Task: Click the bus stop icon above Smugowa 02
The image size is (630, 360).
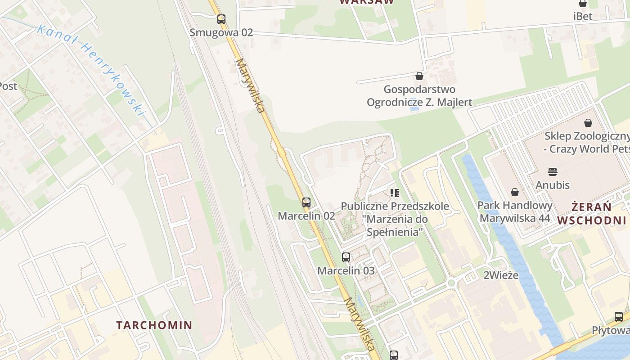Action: tap(221, 19)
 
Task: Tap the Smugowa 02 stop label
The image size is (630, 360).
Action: tap(221, 32)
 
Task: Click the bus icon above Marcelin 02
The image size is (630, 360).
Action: tap(306, 202)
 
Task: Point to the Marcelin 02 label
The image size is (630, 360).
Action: tap(306, 216)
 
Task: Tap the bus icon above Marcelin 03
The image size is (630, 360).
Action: tap(346, 257)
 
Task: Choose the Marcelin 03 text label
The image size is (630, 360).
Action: tap(346, 271)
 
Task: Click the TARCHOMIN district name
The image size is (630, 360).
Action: tap(154, 325)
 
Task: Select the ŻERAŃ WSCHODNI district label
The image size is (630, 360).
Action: tap(592, 214)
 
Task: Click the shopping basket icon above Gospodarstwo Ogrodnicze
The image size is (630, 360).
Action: tap(419, 76)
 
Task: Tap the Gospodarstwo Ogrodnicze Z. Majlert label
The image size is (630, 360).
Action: tap(419, 96)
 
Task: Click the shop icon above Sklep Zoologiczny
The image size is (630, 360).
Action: tap(588, 123)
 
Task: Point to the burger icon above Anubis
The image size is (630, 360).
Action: tap(553, 171)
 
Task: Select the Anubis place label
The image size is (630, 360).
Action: tap(553, 185)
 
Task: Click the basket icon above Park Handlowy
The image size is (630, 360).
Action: tap(515, 192)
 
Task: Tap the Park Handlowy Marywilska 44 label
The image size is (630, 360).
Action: tap(515, 212)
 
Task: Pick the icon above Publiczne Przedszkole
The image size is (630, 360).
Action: tap(395, 193)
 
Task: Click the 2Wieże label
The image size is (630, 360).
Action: tap(501, 275)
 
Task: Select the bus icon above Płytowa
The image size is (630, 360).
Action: tap(619, 317)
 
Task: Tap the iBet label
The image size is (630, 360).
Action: tap(583, 16)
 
